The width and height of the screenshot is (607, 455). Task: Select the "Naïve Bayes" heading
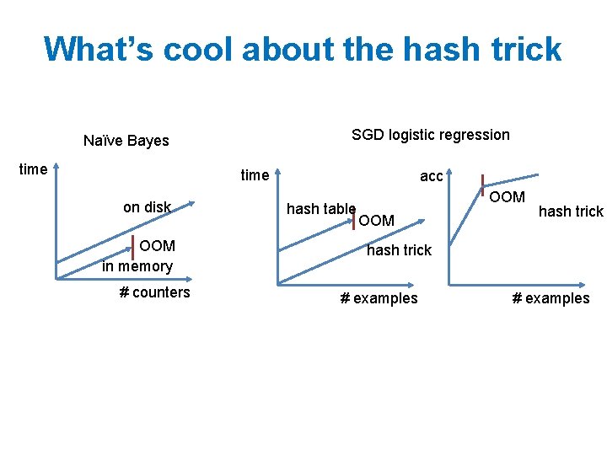pyautogui.click(x=126, y=141)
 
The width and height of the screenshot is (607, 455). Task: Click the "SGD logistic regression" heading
pyautogui.click(x=430, y=135)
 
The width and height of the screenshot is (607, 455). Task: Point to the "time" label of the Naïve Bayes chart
pyautogui.click(x=33, y=169)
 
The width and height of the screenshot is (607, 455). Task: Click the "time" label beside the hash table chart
pyautogui.click(x=255, y=175)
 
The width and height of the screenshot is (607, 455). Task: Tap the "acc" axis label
pyautogui.click(x=431, y=176)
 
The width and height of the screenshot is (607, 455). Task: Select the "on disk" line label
pyautogui.click(x=147, y=207)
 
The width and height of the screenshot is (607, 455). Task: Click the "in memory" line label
pyautogui.click(x=137, y=266)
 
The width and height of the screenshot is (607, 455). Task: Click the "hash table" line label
pyautogui.click(x=320, y=209)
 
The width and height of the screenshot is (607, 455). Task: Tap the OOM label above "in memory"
pyautogui.click(x=158, y=246)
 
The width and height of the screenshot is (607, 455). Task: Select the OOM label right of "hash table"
pyautogui.click(x=376, y=221)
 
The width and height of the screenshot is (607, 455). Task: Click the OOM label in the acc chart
pyautogui.click(x=507, y=197)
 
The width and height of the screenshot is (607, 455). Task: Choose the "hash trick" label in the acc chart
pyautogui.click(x=571, y=211)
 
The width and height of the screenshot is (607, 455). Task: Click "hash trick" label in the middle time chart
pyautogui.click(x=399, y=250)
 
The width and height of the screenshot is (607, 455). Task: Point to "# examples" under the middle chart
pyautogui.click(x=378, y=298)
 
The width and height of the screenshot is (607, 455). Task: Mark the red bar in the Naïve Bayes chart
pyautogui.click(x=133, y=247)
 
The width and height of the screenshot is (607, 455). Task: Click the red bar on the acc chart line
pyautogui.click(x=481, y=185)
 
